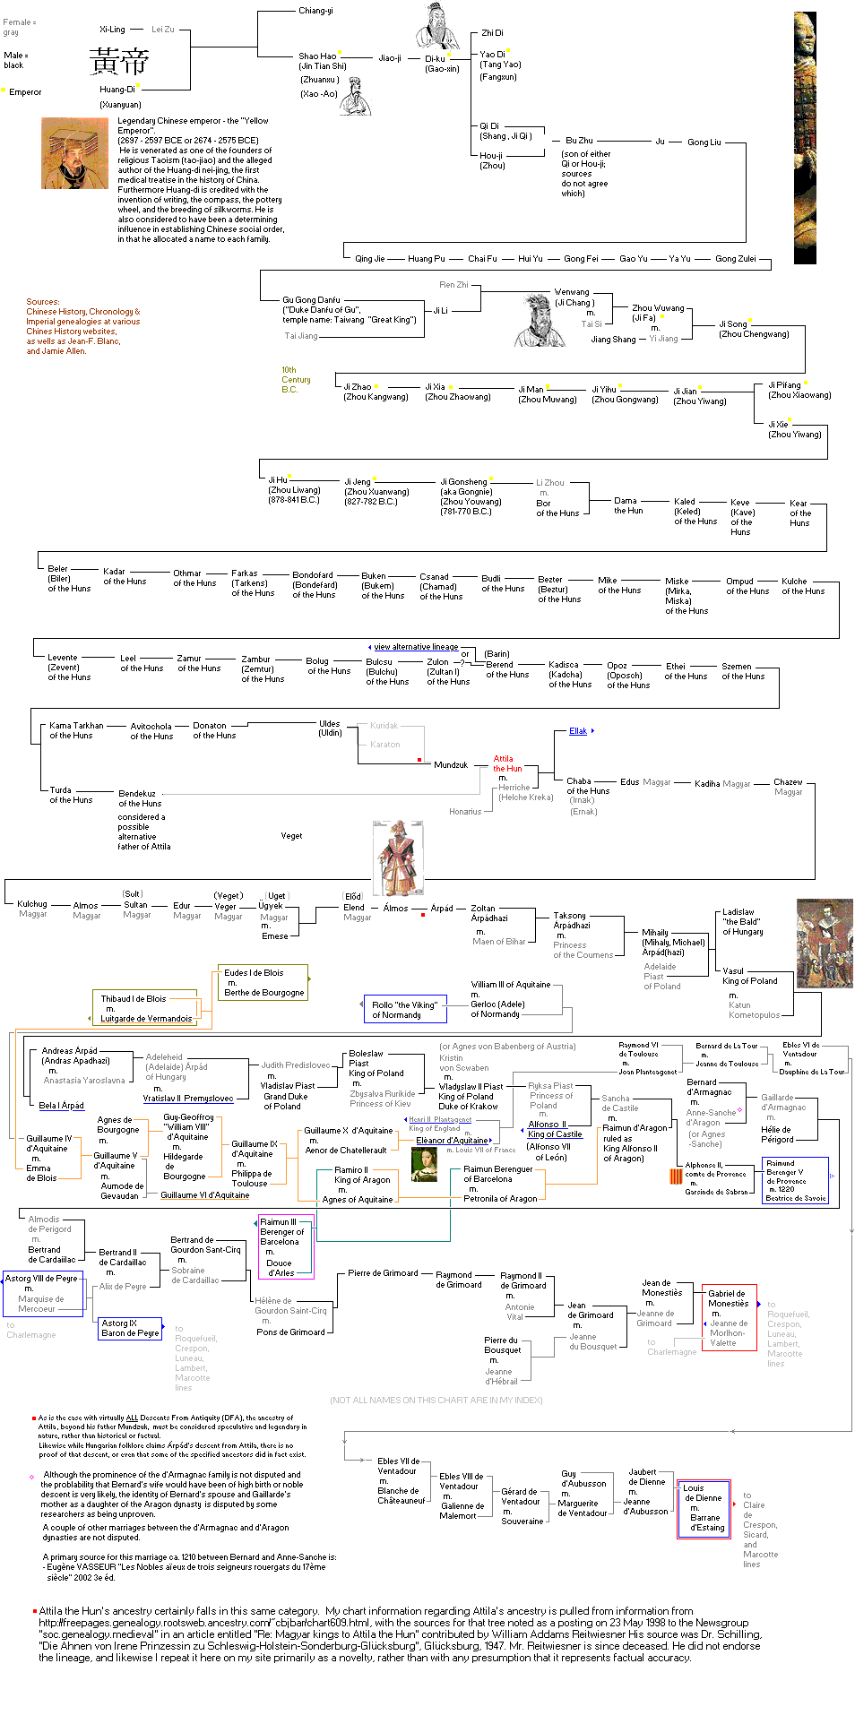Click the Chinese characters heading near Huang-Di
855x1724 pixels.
point(118,61)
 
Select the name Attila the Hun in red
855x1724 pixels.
point(506,763)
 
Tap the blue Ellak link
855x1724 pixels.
point(578,731)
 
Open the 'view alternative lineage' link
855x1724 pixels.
point(416,647)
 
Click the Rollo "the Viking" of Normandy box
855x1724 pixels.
point(405,1010)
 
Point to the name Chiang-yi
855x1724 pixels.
point(315,11)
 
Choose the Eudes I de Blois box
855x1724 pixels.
point(263,982)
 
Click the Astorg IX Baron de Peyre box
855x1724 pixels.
point(131,1328)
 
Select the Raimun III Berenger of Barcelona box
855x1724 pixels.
point(286,1246)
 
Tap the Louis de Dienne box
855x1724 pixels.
point(704,1508)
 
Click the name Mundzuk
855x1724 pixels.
point(451,765)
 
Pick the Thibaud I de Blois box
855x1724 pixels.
point(145,1008)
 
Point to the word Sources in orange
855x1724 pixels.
point(42,302)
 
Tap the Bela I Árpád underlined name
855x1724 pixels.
point(61,1106)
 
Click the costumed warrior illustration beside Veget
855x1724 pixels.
point(398,858)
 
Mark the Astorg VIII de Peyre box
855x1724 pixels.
point(43,1293)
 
